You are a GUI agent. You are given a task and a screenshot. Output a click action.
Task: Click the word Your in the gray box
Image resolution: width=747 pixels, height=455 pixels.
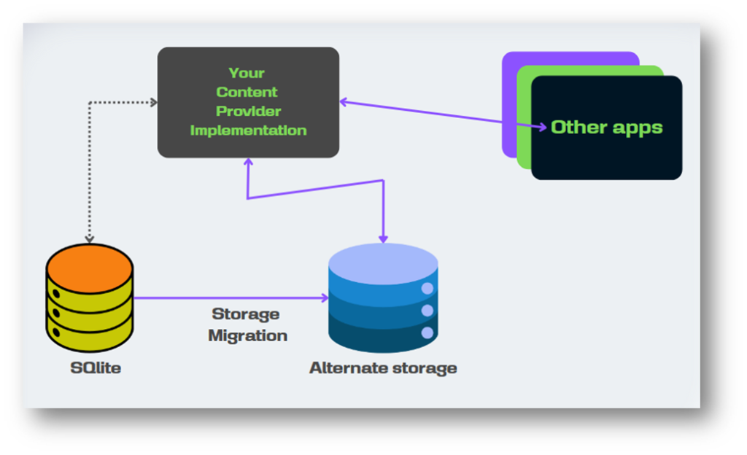[247, 73]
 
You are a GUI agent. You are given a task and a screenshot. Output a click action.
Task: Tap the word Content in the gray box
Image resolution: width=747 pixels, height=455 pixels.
[247, 92]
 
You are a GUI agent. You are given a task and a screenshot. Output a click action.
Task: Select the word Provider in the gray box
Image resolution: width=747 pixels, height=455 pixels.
[248, 111]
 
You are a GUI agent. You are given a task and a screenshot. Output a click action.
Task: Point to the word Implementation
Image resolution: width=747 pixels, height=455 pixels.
[248, 131]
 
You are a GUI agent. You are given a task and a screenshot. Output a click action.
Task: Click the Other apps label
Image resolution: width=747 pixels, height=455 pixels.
[606, 127]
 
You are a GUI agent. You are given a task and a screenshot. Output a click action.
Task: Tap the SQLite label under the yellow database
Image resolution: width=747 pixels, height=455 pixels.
[96, 367]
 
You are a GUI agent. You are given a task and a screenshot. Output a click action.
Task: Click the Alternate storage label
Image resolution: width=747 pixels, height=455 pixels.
[383, 367]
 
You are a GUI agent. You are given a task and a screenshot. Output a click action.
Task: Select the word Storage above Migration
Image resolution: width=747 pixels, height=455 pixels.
[246, 314]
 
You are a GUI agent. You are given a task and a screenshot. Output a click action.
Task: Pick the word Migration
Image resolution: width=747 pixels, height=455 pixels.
[247, 335]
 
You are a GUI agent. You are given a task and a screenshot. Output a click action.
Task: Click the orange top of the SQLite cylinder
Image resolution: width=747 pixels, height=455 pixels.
[90, 262]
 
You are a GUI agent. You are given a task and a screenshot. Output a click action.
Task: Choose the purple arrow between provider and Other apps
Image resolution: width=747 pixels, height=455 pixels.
[438, 114]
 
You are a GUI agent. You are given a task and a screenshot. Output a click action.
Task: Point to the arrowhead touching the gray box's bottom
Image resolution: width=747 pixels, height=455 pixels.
[248, 163]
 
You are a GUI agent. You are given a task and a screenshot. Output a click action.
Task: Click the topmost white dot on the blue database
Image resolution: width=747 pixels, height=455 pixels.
[427, 289]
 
